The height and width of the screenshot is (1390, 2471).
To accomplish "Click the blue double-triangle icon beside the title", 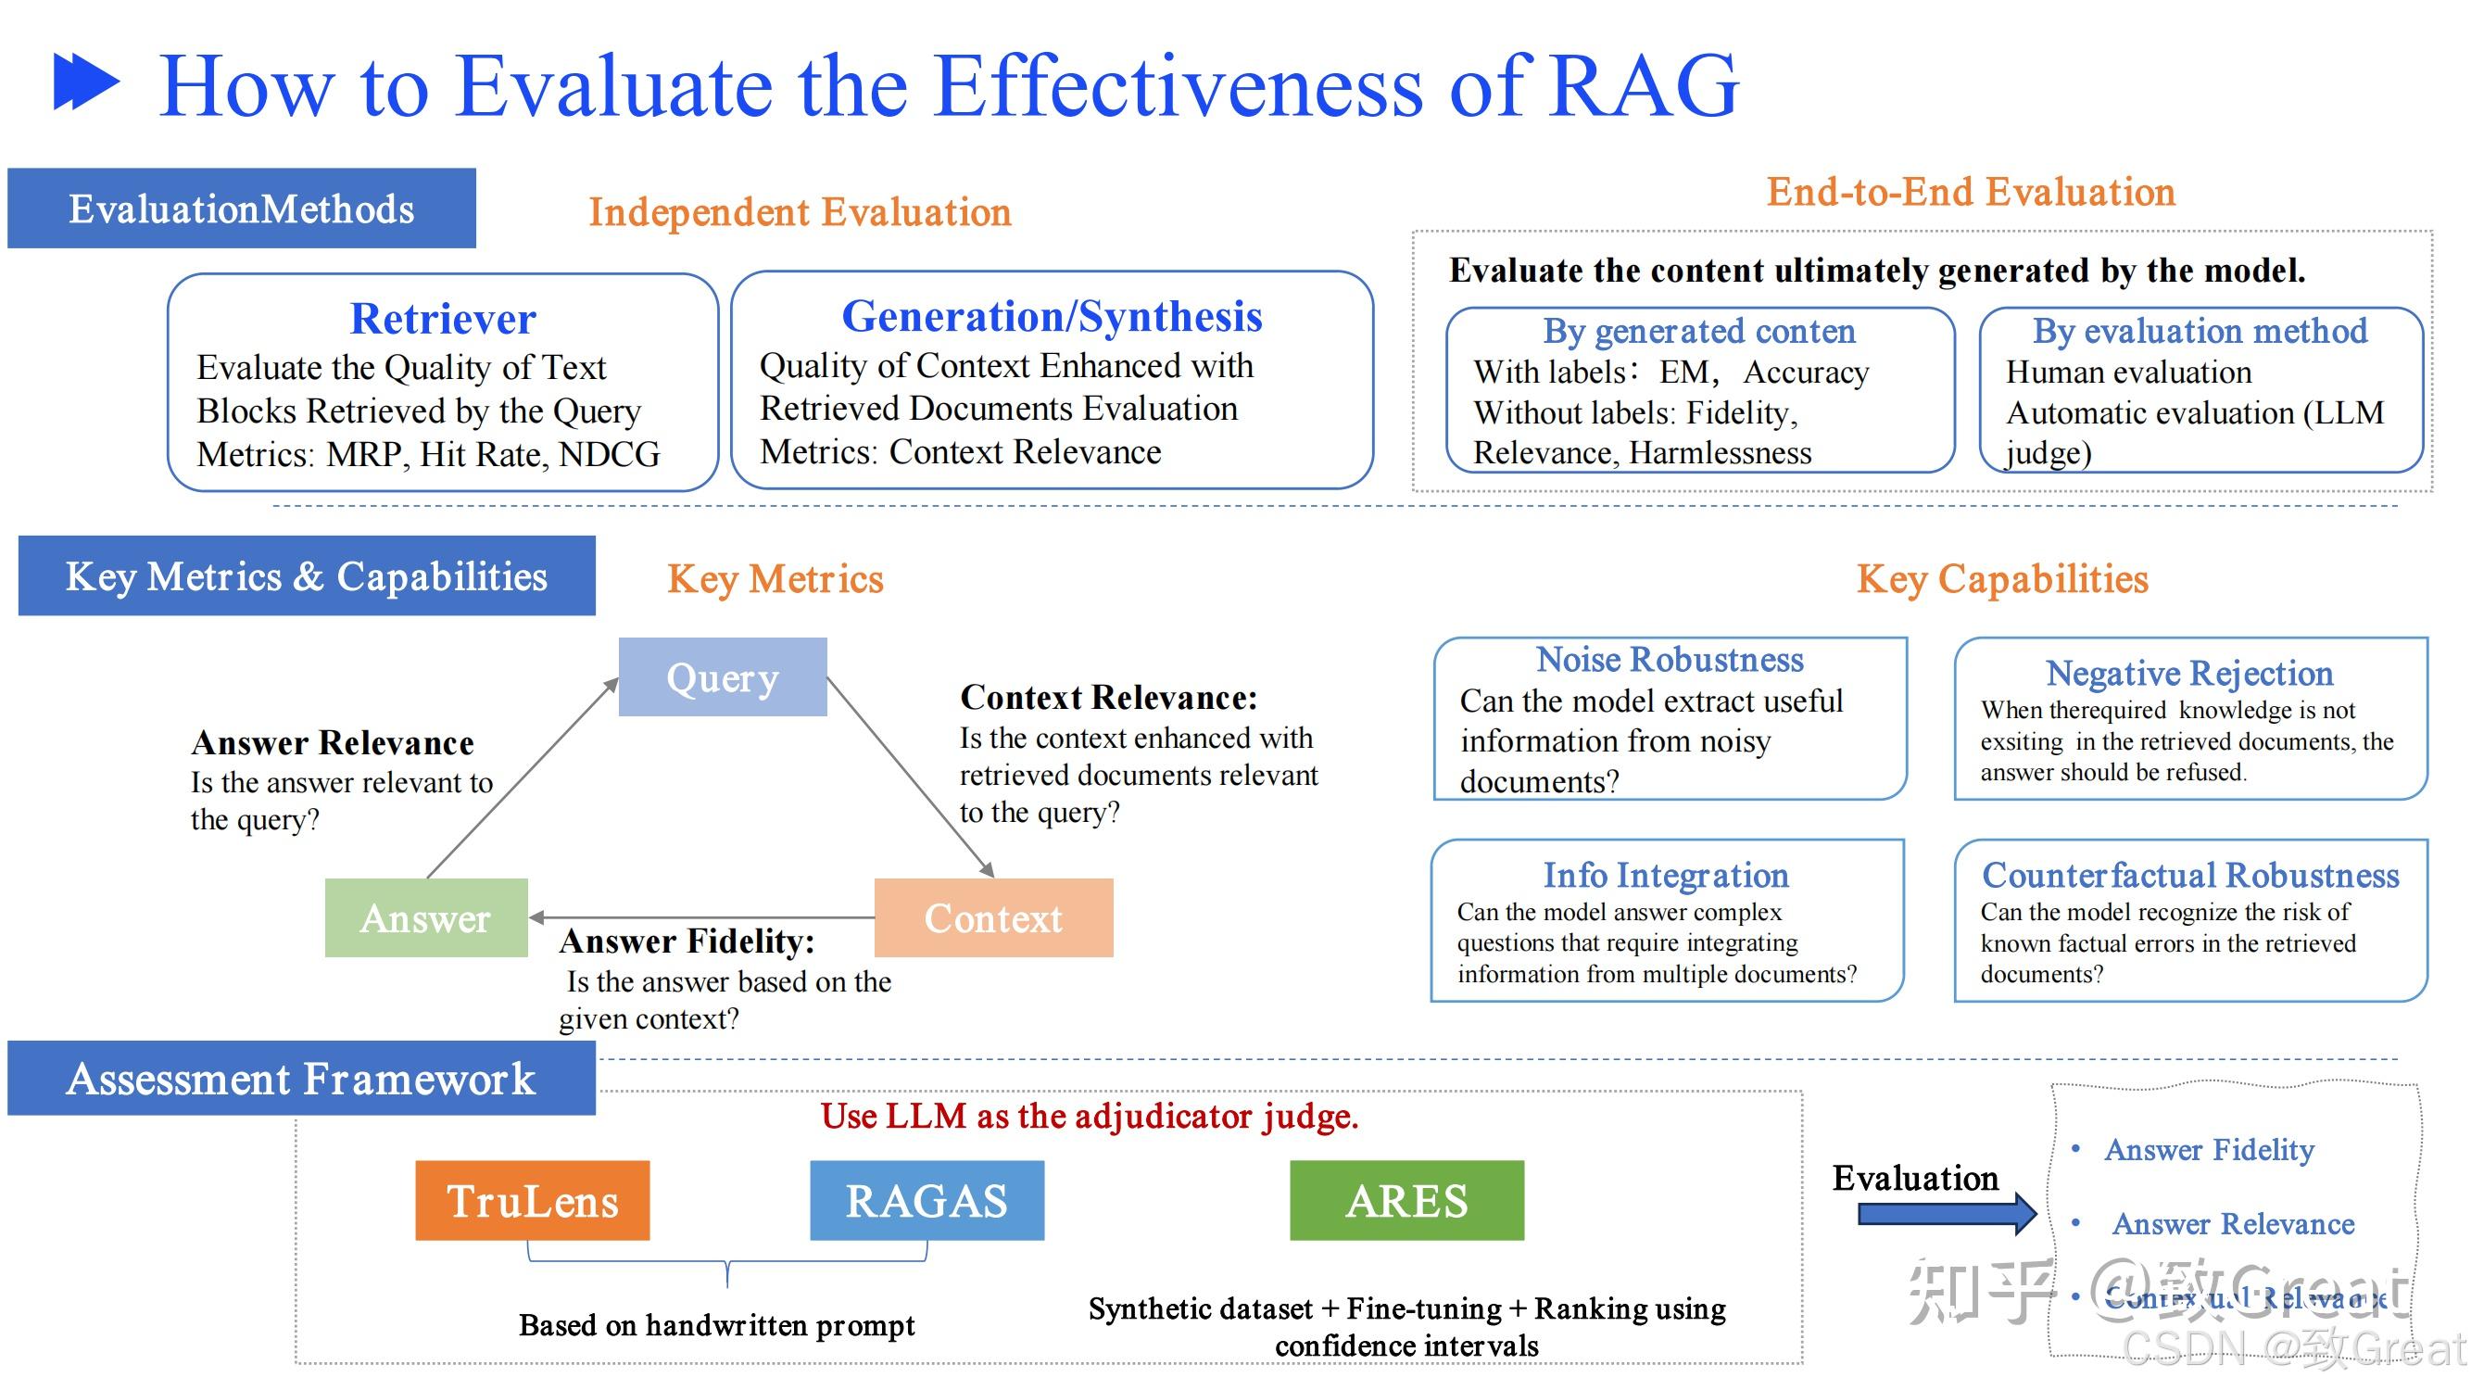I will point(86,82).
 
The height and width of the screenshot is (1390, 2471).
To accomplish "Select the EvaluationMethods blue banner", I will point(241,208).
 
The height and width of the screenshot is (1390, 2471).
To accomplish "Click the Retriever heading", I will point(442,319).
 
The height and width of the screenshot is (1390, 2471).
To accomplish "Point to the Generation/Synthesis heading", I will point(1052,317).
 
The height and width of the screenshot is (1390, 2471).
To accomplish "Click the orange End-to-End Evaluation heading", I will point(1971,192).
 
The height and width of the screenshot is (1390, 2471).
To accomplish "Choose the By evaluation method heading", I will point(2200,331).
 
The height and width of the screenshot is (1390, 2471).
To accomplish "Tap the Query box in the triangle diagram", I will point(723,677).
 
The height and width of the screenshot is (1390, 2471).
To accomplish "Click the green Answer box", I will point(426,918).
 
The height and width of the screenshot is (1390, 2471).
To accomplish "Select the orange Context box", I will point(993,918).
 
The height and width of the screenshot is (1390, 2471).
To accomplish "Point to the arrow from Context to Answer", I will point(700,918).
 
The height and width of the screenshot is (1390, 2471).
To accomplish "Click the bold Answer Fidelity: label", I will point(687,942).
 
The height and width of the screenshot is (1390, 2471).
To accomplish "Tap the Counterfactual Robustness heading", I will point(2190,875).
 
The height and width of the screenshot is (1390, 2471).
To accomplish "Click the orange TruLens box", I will point(533,1201).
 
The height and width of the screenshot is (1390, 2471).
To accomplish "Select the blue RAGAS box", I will point(927,1201).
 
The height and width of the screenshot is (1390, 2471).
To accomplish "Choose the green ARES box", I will point(1406,1201).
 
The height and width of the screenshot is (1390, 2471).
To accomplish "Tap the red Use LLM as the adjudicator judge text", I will point(1089,1117).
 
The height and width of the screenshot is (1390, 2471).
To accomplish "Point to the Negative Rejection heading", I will point(2189,674).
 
